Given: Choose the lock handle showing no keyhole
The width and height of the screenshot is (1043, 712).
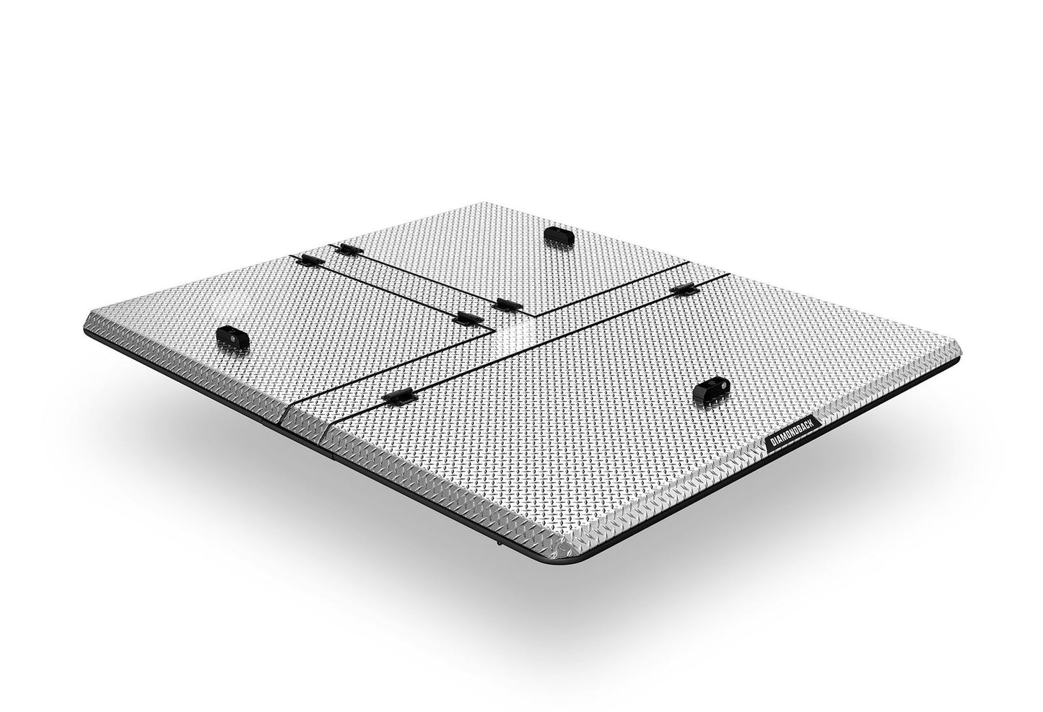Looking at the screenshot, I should click(558, 234).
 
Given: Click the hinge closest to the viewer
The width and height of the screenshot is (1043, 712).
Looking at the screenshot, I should click(401, 395).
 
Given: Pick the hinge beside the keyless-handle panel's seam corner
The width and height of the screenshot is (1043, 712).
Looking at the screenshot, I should click(508, 304).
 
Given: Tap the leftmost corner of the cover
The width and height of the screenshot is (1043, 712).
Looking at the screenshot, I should click(85, 320).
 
